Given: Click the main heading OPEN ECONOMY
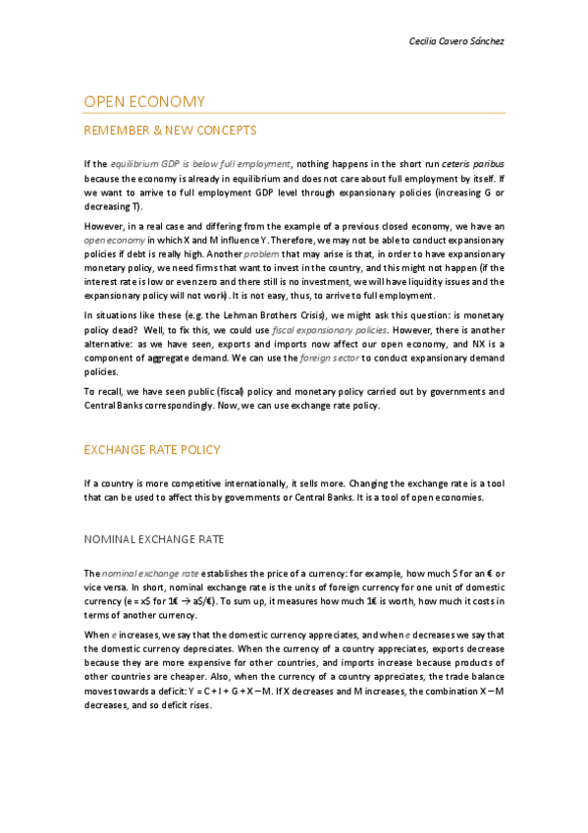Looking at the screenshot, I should pyautogui.click(x=144, y=102).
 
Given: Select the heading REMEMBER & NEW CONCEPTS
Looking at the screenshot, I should pyautogui.click(x=170, y=130).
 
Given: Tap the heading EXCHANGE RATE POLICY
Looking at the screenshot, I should pyautogui.click(x=152, y=450).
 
